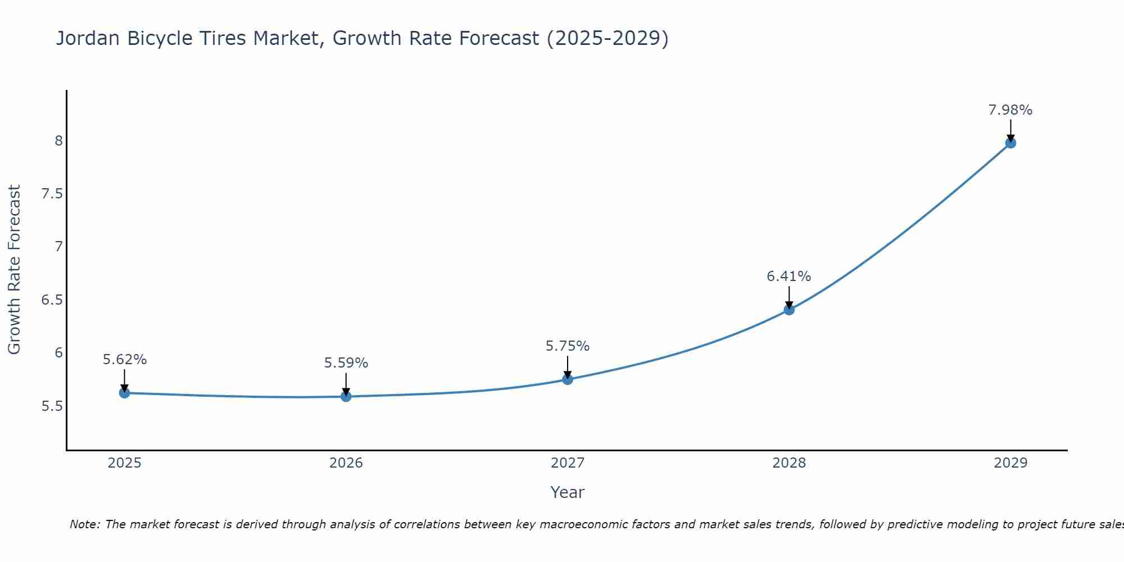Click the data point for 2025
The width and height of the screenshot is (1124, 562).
[125, 393]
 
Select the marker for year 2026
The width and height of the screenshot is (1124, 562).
[346, 396]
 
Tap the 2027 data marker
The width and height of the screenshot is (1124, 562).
[568, 379]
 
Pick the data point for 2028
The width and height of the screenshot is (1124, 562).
[789, 310]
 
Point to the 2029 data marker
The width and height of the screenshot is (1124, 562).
[1010, 143]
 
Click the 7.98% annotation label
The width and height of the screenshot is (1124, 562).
[1010, 110]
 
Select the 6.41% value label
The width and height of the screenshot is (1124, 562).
[789, 277]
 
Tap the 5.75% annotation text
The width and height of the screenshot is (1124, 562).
[568, 346]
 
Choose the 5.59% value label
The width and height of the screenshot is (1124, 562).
[346, 363]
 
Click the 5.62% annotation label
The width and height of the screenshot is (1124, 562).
[125, 360]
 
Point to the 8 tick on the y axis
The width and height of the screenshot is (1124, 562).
[58, 140]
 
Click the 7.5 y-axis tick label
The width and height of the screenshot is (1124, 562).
[52, 194]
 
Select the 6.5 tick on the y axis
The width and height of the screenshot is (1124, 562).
[52, 300]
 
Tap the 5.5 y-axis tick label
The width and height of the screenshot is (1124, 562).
[52, 406]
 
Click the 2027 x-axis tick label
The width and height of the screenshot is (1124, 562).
[568, 463]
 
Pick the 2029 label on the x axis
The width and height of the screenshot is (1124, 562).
[1010, 463]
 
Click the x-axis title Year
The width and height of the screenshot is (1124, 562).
[568, 492]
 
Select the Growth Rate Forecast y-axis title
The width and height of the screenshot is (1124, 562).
[15, 270]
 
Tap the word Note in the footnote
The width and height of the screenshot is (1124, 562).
[84, 524]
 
